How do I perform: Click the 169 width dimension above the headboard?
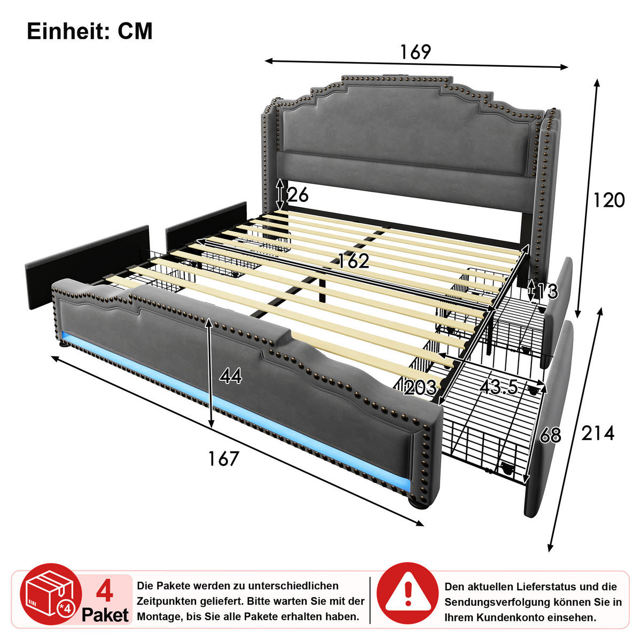click(415, 52)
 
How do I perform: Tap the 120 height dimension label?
click(608, 200)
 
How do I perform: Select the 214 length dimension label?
click(598, 433)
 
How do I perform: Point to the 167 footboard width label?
click(223, 458)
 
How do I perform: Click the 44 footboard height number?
click(231, 376)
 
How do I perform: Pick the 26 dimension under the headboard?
click(298, 194)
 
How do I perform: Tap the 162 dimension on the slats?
click(354, 261)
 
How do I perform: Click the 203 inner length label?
click(420, 387)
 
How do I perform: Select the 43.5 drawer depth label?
click(498, 387)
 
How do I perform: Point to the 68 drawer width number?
click(550, 435)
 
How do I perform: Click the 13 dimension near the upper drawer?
click(547, 292)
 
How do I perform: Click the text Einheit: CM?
click(90, 32)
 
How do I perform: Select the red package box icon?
click(51, 594)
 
